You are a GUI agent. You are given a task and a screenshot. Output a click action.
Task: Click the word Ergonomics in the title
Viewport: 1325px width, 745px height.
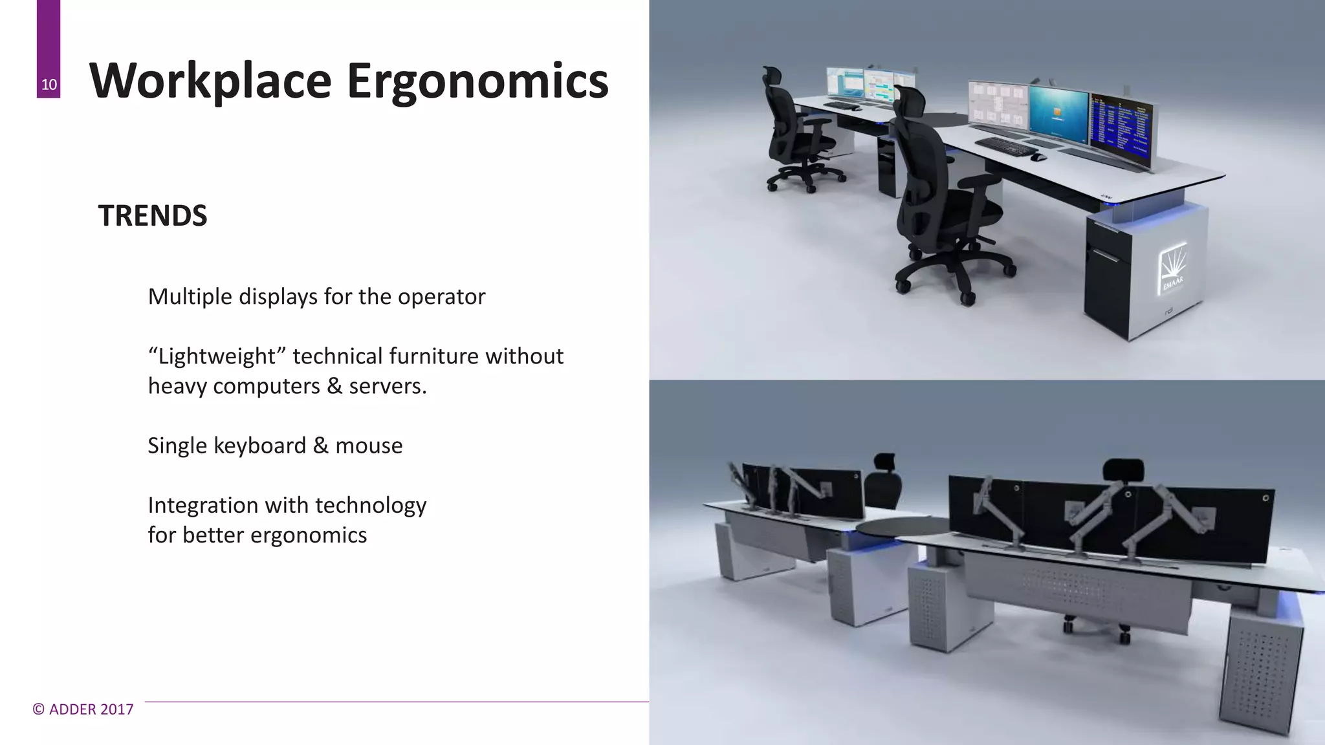[x=477, y=81]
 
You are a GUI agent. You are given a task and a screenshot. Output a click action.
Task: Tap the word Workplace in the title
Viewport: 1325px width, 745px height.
[x=210, y=81]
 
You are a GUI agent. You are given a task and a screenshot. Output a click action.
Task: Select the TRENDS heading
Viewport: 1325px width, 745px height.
[x=153, y=216]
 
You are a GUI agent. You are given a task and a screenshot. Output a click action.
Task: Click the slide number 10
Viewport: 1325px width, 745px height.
[x=49, y=85]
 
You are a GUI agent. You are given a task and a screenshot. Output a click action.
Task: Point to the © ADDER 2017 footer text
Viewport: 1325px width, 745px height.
[x=83, y=709]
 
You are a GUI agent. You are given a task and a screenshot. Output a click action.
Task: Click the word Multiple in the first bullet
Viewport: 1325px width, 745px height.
[x=190, y=297]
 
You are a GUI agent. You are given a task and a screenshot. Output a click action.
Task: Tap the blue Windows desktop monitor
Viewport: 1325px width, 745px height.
[x=1059, y=114]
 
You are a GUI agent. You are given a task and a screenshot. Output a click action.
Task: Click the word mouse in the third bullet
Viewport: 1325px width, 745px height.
[x=369, y=446]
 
